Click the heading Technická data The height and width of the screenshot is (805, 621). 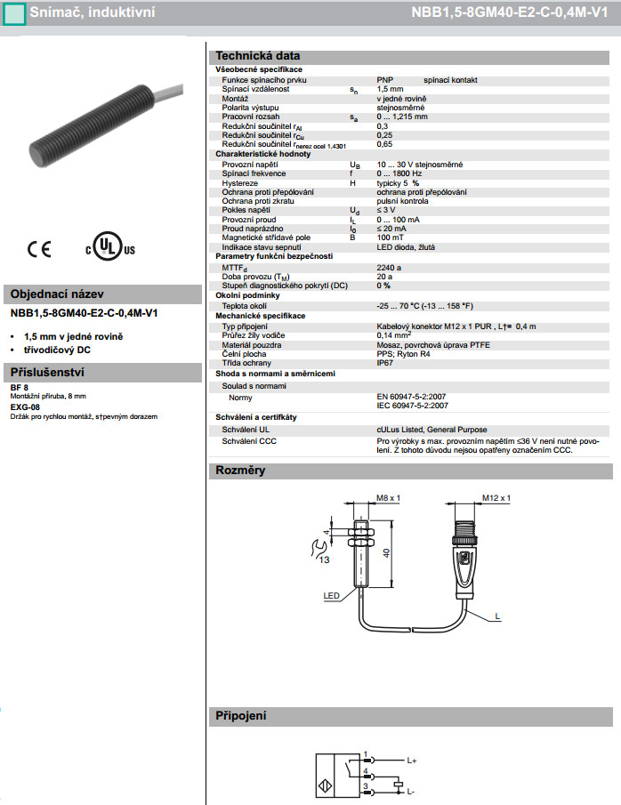pyautogui.click(x=258, y=55)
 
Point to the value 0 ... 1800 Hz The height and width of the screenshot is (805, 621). pyautogui.click(x=401, y=173)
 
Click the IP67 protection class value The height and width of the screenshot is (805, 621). pyautogui.click(x=385, y=362)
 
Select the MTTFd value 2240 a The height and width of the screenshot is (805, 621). pyautogui.click(x=389, y=267)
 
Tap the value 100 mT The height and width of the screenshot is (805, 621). pyautogui.click(x=389, y=237)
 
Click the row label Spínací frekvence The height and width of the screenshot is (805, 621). pyautogui.click(x=254, y=173)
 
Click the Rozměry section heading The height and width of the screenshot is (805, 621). pyautogui.click(x=240, y=471)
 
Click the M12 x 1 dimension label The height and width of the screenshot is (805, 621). pyautogui.click(x=496, y=498)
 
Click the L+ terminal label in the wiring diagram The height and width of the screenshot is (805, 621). pyautogui.click(x=412, y=761)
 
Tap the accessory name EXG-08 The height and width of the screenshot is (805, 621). pyautogui.click(x=25, y=407)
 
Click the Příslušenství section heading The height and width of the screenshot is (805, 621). pyautogui.click(x=46, y=372)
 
